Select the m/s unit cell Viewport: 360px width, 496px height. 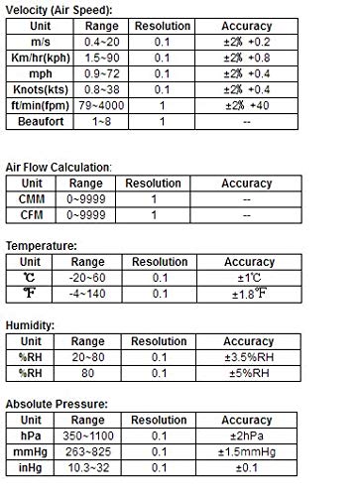point(43,43)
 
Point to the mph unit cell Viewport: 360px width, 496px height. point(43,73)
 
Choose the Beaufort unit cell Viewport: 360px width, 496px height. point(43,121)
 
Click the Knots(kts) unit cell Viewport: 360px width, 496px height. point(43,89)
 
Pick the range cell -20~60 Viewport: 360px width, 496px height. point(88,278)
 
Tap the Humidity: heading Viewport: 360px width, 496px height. point(33,324)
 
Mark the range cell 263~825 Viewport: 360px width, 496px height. point(88,451)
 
